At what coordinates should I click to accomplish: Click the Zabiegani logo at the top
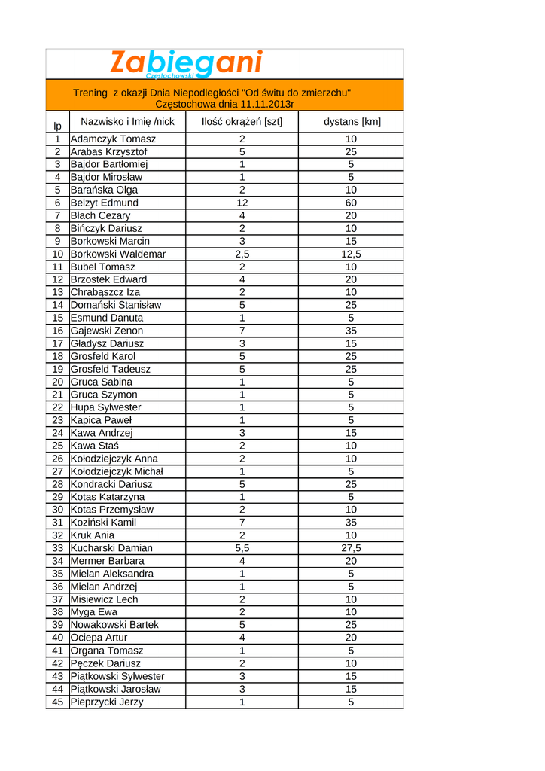coord(186,63)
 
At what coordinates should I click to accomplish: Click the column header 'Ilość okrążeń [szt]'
coord(242,122)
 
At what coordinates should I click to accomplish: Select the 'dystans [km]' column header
coord(352,122)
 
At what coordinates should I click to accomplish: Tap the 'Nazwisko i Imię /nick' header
coord(127,121)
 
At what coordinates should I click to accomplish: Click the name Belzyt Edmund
coord(104,203)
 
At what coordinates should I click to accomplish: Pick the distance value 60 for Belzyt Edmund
coord(351,203)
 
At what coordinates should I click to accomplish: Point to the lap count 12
coord(242,203)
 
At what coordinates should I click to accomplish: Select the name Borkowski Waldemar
coord(117,254)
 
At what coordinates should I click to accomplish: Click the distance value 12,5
coord(351,254)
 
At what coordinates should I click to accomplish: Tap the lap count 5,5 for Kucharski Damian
coord(242,548)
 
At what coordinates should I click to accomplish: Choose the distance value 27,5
coord(351,548)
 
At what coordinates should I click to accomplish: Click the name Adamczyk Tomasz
coord(113,139)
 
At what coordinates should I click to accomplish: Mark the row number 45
coord(57,702)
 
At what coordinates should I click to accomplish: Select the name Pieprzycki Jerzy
coord(106,702)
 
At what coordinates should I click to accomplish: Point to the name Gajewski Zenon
coord(106,331)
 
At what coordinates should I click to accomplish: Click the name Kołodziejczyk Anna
coord(114,459)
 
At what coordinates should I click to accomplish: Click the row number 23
coord(57,420)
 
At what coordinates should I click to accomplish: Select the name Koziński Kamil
coord(103,523)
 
